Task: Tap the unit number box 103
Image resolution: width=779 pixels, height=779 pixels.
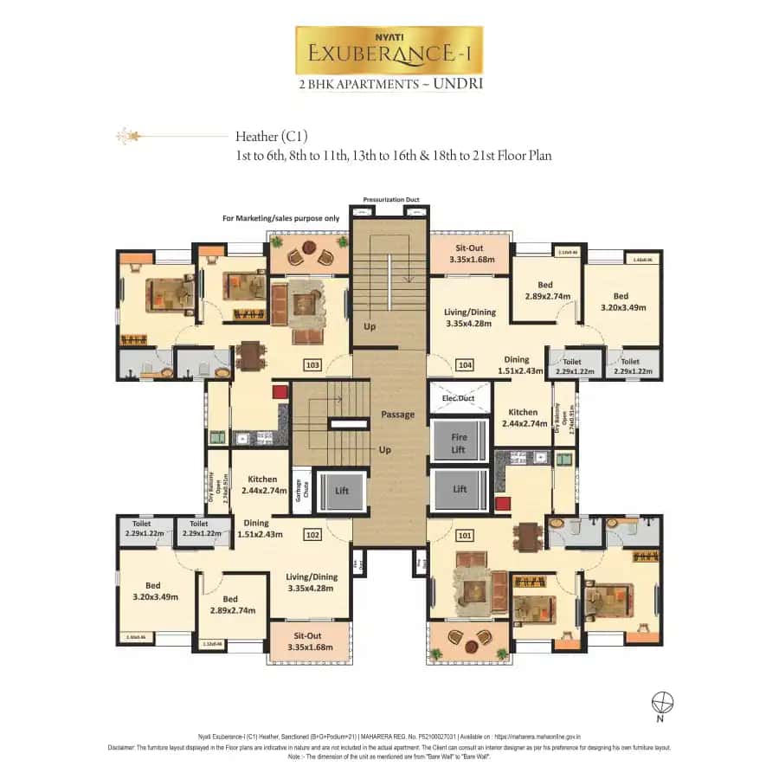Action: coord(312,365)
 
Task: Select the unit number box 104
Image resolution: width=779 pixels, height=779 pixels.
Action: coord(466,365)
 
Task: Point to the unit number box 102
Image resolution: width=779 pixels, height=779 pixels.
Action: coord(312,535)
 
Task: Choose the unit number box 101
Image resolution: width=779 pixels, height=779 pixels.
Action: coord(466,535)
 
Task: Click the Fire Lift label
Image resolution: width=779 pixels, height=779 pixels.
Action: coord(459,443)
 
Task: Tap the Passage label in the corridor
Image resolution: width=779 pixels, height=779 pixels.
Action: coord(397,415)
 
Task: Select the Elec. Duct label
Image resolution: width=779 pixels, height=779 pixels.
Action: coord(459,398)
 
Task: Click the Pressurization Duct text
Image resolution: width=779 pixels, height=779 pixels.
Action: coord(390,199)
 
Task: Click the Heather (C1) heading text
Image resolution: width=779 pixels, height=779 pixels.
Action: coord(272,137)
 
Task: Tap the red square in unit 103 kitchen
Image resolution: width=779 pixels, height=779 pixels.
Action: coord(280,392)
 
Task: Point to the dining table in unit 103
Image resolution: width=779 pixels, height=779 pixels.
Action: coord(250,354)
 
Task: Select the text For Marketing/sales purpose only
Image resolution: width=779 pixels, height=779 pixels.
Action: coord(280,219)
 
